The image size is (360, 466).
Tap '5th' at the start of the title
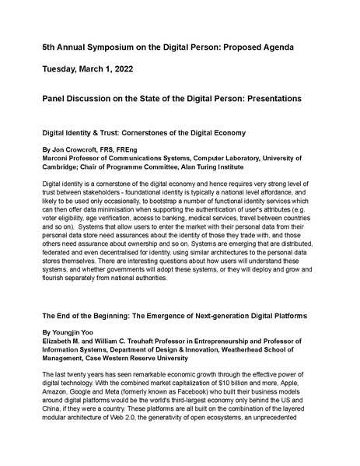50,47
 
